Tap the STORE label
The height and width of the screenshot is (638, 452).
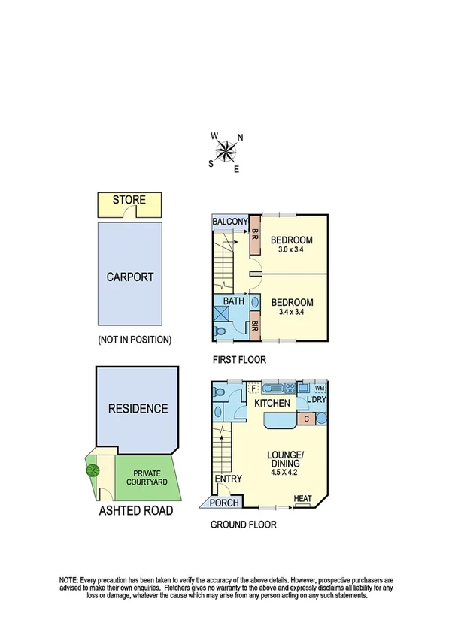[x=129, y=201]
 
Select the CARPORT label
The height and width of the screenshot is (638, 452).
[x=129, y=277]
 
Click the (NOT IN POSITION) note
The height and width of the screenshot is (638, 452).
[x=135, y=340]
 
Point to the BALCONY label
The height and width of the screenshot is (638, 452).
[x=230, y=222]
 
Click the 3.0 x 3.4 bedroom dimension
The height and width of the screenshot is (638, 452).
[x=292, y=250]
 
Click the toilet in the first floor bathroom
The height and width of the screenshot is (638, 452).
[x=220, y=331]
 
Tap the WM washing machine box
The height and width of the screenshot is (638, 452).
[x=320, y=388]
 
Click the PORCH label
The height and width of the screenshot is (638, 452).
[x=224, y=503]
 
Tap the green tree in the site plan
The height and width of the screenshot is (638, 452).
[x=93, y=470]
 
